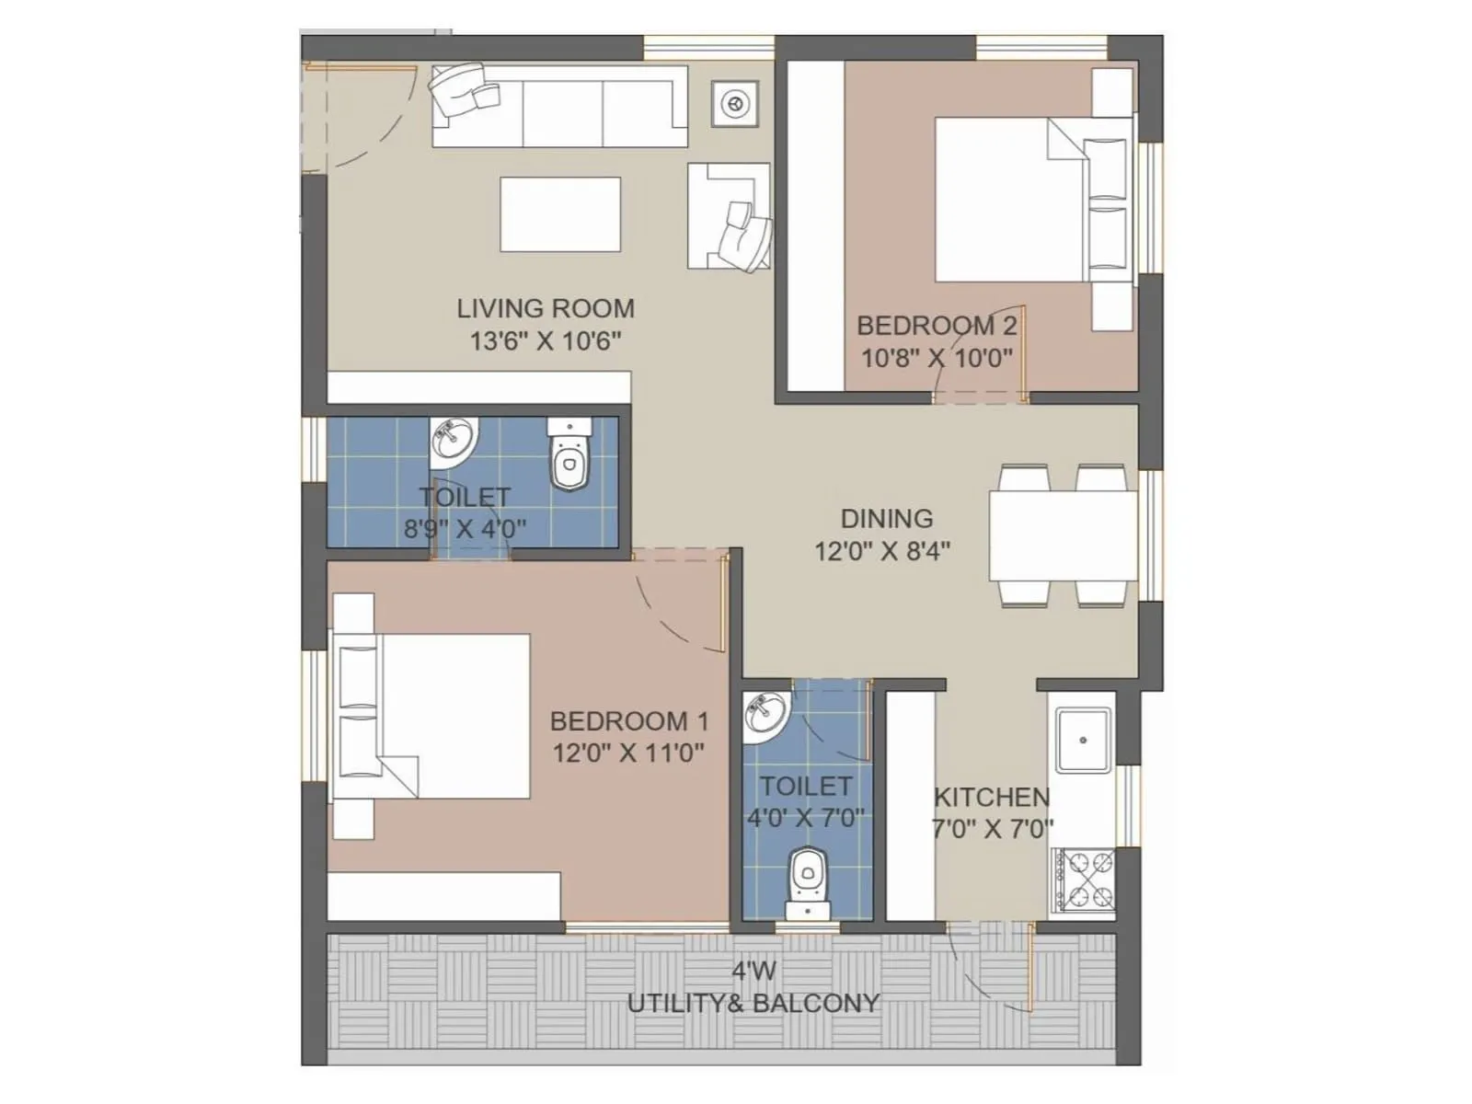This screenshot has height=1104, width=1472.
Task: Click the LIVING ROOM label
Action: click(546, 308)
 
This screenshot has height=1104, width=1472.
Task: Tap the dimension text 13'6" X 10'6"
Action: click(546, 341)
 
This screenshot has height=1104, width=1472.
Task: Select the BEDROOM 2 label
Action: click(937, 326)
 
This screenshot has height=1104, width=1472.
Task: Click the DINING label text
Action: click(886, 519)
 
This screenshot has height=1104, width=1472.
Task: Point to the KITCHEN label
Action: click(991, 797)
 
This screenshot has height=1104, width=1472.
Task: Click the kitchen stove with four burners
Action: click(1084, 880)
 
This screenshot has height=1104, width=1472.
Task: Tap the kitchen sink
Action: click(1084, 740)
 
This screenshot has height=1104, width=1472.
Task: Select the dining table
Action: click(1063, 536)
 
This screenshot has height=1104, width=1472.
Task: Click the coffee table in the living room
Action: click(559, 214)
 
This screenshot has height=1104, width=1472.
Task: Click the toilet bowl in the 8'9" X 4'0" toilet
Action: click(569, 457)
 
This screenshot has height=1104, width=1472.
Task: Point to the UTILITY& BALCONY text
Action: click(753, 1004)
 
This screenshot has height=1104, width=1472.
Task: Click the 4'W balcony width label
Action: click(753, 971)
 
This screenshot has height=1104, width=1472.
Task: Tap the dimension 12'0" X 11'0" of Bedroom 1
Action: click(628, 753)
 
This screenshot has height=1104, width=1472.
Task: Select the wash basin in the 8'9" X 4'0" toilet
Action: click(455, 439)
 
